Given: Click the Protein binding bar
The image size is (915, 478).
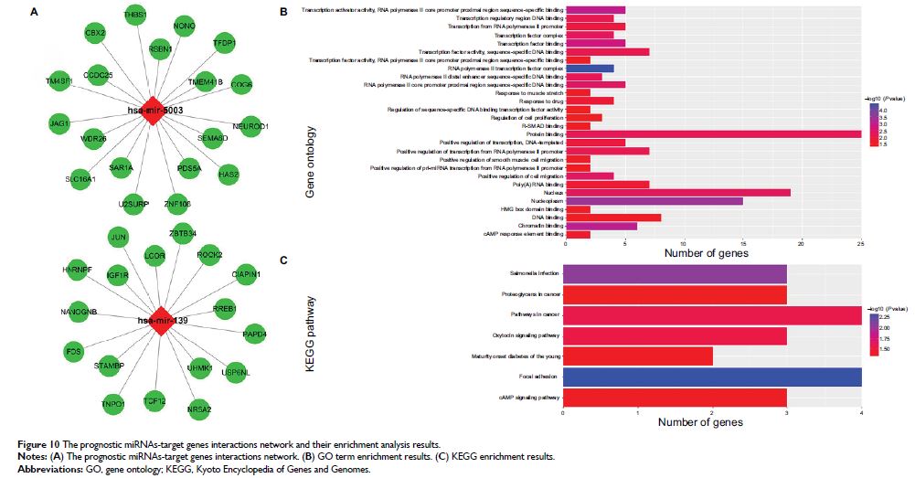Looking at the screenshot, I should (713, 134).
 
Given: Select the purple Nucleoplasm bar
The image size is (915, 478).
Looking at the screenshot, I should (654, 200).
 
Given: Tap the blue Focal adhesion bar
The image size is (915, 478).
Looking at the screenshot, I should (713, 377).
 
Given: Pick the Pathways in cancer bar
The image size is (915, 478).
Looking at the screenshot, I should (713, 315).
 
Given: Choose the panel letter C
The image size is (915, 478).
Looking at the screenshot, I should (283, 260).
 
